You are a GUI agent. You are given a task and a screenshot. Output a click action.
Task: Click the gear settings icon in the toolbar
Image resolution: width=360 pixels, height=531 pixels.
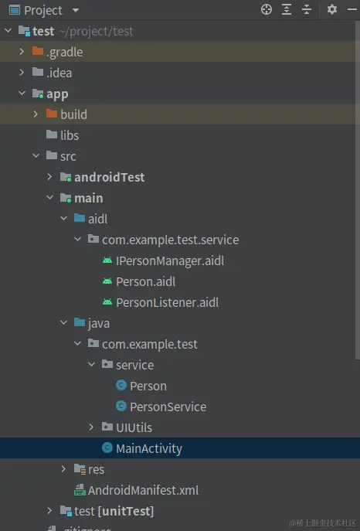332,9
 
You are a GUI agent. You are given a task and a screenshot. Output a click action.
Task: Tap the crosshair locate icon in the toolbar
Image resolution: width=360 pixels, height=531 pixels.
267,9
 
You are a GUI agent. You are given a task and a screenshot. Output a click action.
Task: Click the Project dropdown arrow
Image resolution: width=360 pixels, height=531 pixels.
76,10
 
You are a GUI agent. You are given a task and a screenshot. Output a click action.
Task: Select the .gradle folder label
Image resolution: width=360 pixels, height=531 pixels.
65,52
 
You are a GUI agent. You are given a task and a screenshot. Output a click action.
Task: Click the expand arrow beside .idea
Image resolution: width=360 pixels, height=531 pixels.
22,73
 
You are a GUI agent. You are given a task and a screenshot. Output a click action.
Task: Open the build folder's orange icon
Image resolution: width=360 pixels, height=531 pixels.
52,114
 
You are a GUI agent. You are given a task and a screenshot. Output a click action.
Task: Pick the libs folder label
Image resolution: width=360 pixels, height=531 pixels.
70,135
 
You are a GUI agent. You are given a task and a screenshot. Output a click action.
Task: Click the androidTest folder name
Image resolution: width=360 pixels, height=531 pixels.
109,177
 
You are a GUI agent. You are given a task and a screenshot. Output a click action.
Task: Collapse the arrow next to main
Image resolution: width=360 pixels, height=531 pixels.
49,198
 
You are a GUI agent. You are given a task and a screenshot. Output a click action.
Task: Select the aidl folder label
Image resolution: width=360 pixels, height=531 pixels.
98,219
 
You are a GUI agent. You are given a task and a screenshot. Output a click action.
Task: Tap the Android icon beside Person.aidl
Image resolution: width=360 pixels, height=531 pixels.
107,281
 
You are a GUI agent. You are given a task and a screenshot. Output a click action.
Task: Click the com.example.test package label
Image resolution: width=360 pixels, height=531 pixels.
150,345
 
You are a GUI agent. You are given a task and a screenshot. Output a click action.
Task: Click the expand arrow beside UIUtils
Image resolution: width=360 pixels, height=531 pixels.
91,427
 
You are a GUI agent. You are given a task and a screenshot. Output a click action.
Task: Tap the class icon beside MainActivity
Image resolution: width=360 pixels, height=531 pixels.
107,448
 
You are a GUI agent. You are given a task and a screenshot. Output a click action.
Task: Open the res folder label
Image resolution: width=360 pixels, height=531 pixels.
96,469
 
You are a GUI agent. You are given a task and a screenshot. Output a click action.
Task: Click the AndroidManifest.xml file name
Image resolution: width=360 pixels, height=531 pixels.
143,490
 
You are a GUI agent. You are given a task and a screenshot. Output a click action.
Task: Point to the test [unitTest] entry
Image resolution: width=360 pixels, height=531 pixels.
114,511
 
